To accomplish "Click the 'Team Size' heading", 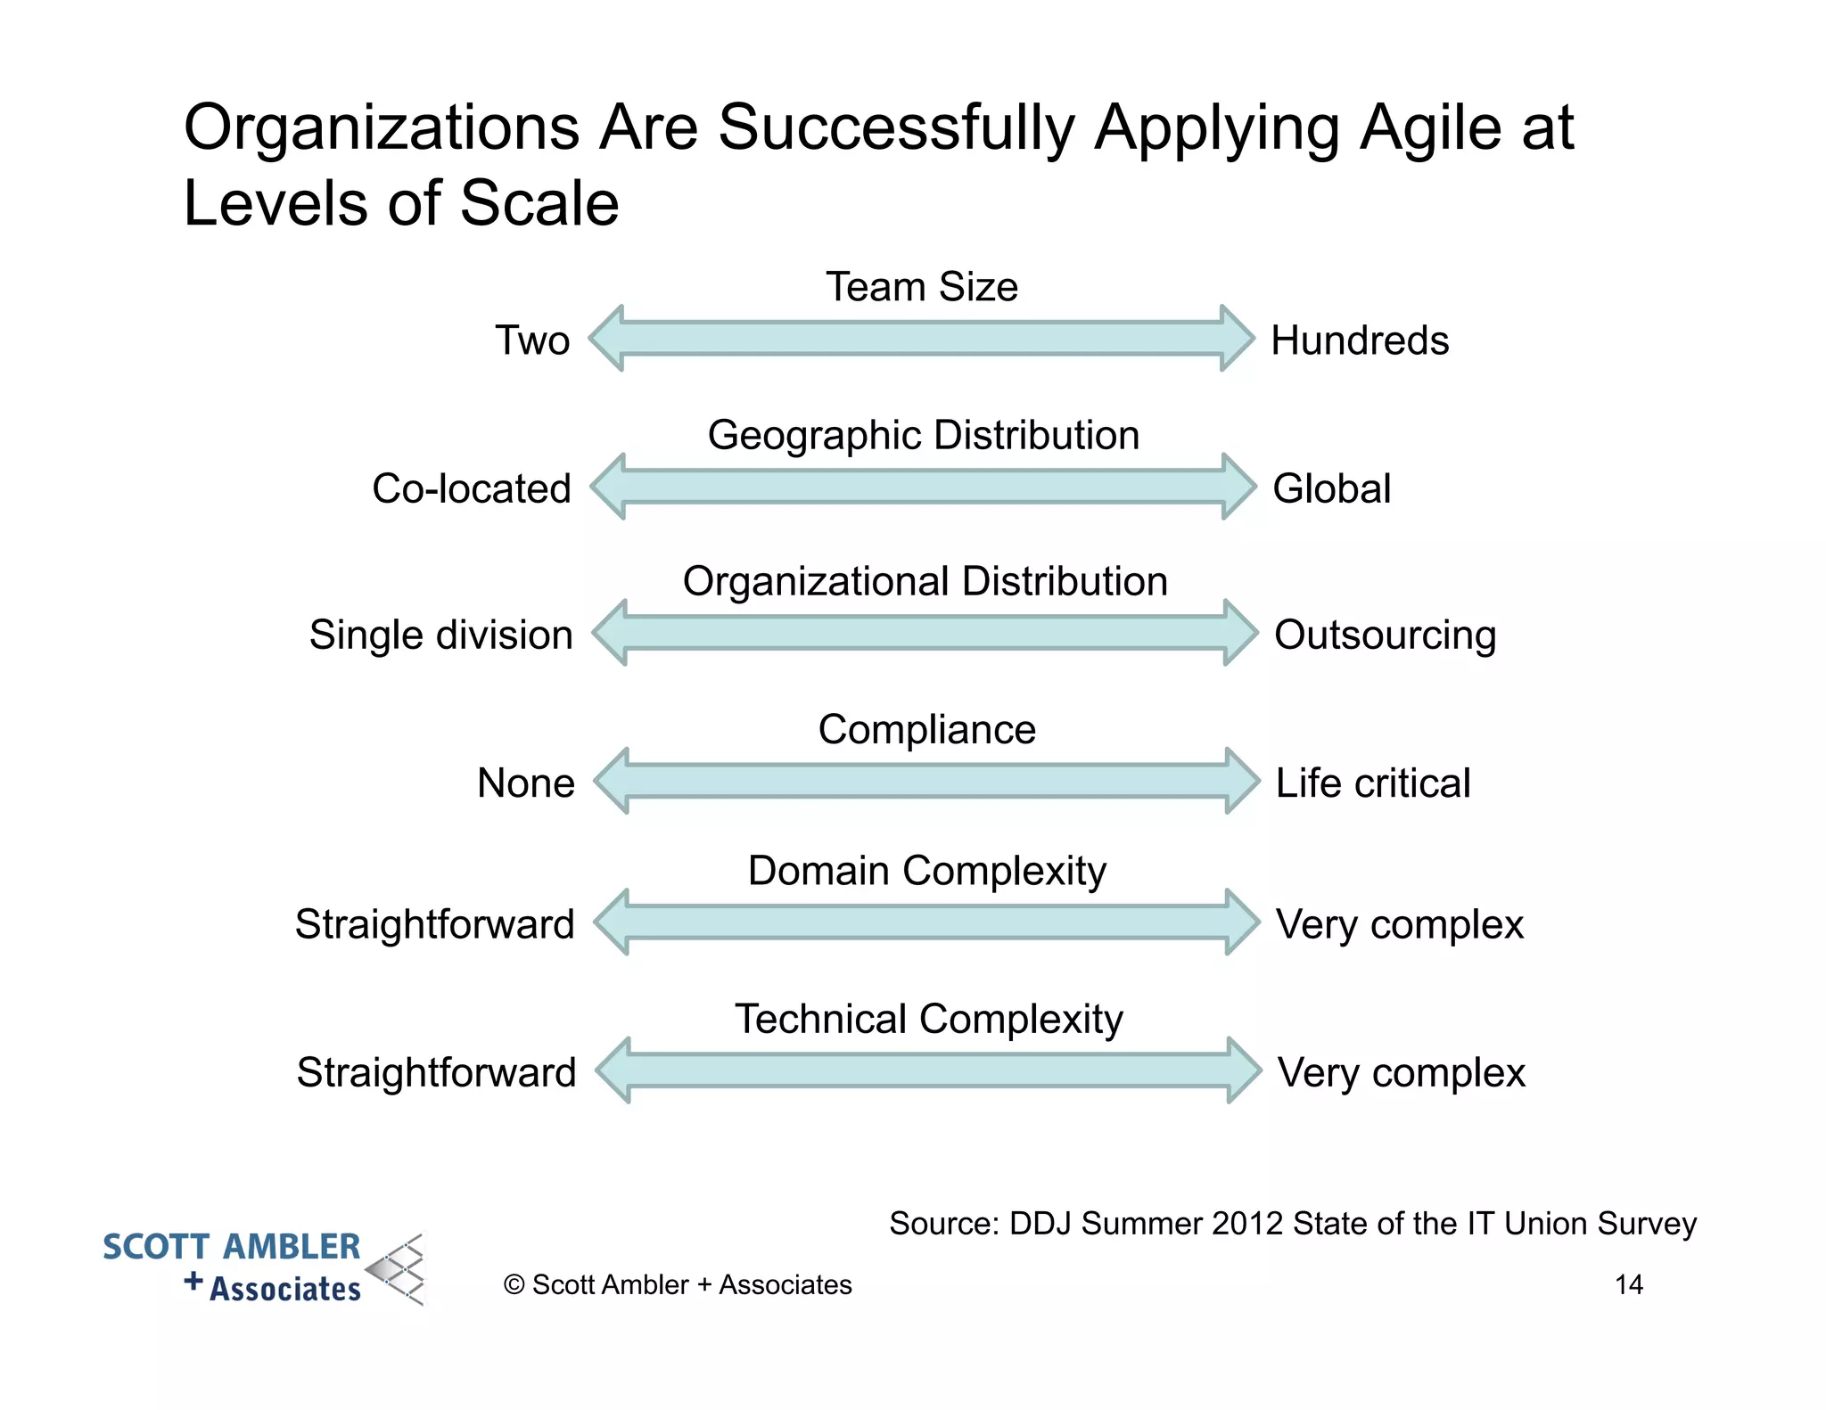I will point(921,287).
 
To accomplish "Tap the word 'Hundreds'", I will point(1360,340).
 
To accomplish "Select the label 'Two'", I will point(532,340).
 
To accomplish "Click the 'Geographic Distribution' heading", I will point(924,435).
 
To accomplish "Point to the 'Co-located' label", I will point(471,488).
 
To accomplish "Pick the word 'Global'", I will point(1331,488).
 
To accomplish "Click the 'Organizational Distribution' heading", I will point(925,581).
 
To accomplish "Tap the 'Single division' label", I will point(440,635).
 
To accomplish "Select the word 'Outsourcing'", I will point(1385,635).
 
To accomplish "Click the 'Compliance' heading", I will point(927,729).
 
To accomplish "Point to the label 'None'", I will point(526,783).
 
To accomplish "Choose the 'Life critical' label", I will point(1373,783).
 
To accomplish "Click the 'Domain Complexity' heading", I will point(927,871).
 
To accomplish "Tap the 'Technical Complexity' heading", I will point(929,1019).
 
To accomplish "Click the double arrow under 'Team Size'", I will point(922,339).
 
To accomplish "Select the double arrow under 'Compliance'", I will point(927,781).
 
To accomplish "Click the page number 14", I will point(1629,1284).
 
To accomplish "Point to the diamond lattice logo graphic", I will point(398,1270).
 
